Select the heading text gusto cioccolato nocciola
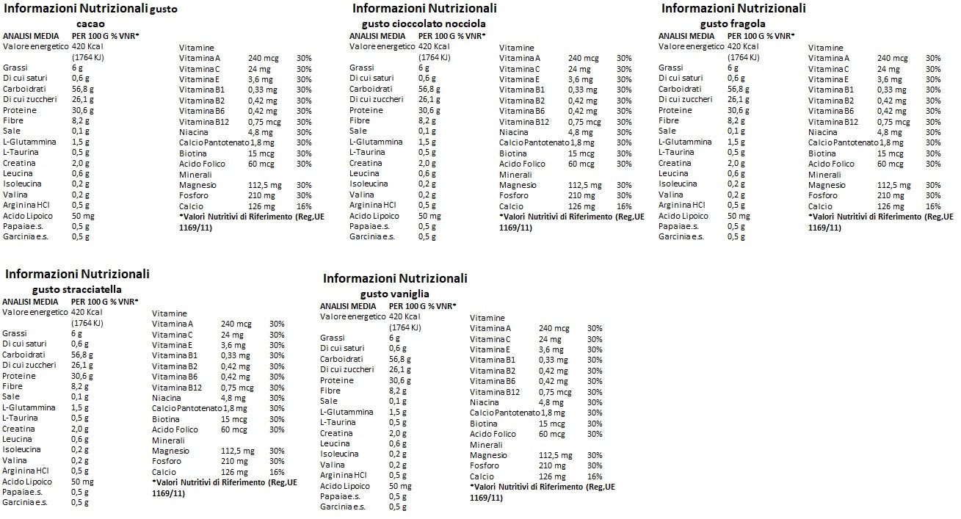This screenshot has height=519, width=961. click(418, 23)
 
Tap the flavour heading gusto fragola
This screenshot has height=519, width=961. click(728, 23)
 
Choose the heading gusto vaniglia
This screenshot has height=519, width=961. click(394, 294)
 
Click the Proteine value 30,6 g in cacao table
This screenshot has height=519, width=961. click(82, 109)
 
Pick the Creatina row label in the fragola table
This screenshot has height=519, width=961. click(675, 163)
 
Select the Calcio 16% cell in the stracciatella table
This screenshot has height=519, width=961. click(277, 472)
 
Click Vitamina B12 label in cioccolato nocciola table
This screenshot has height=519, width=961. click(524, 122)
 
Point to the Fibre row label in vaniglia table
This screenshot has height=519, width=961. click(330, 391)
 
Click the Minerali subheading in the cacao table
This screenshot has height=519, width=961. click(195, 175)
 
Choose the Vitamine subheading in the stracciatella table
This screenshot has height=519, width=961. click(169, 313)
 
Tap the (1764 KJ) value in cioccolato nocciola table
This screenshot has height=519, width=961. click(435, 57)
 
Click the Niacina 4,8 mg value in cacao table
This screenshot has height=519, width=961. click(261, 132)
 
